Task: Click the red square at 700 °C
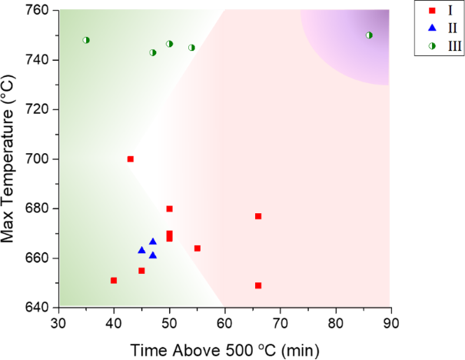tap(130, 159)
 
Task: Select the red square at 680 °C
tap(169, 208)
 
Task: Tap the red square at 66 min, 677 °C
tap(258, 216)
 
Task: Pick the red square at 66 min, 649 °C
tap(258, 285)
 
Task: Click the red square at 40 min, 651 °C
tap(114, 281)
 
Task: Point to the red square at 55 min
tap(197, 248)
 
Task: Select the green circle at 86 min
tap(369, 35)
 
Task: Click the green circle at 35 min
tap(86, 40)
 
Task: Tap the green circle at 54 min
tap(191, 48)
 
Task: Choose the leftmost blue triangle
tap(141, 250)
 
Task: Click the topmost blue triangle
tap(152, 242)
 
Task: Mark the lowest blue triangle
tap(153, 255)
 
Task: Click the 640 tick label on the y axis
tap(39, 308)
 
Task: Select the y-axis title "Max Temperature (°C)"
tap(11, 158)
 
